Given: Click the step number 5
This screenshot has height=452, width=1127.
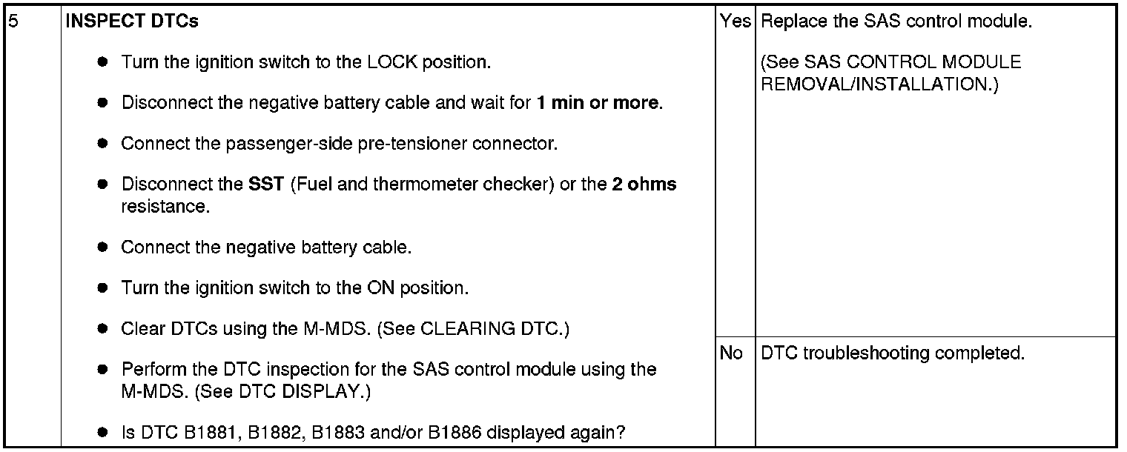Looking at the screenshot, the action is [x=12, y=21].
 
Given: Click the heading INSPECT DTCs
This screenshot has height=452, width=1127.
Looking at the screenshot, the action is [x=132, y=21].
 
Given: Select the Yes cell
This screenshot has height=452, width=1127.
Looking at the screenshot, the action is [x=735, y=21].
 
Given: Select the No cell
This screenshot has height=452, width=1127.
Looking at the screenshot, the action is [x=731, y=353].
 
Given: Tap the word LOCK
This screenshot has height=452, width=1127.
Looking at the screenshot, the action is [x=393, y=62].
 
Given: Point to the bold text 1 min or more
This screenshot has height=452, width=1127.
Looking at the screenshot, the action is [x=598, y=102].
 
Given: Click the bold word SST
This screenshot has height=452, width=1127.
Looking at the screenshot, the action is [x=266, y=184].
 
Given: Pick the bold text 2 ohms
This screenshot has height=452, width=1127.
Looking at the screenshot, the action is [x=644, y=184].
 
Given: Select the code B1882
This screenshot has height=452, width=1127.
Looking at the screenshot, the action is [x=261, y=432].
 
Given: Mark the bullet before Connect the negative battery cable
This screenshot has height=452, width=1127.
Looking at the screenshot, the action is [x=103, y=247].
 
